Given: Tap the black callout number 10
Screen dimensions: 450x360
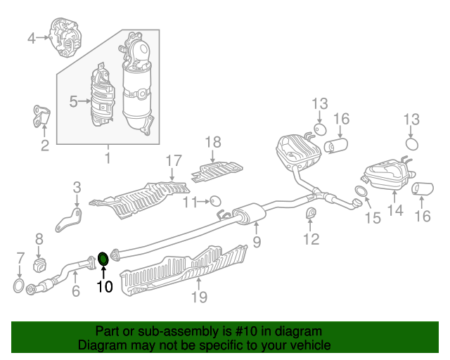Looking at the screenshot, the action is coord(105,286).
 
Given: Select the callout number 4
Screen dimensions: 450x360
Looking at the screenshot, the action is coord(32,38).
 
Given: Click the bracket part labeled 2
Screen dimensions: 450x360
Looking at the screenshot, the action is coord(41,116).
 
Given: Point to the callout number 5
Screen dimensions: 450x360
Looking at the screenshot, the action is coord(73,101).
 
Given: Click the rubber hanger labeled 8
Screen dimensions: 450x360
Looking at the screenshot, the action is coord(40,264).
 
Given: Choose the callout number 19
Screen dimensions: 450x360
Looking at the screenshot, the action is coord(199,297).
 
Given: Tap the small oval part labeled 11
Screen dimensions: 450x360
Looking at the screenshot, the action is coord(215,201).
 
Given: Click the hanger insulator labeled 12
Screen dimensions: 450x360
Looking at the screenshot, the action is coord(311,213).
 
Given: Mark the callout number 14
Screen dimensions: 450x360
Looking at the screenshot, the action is coord(395,210).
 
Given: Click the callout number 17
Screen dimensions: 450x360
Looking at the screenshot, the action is coord(174,161).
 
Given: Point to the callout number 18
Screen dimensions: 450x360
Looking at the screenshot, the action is coord(213,142).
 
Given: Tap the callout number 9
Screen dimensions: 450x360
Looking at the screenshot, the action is coord(257,242).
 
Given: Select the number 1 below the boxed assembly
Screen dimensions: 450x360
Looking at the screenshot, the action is coord(108,158).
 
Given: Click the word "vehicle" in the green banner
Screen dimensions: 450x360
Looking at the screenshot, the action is coord(312,345).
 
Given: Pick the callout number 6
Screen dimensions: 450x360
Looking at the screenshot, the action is coord(75,291).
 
